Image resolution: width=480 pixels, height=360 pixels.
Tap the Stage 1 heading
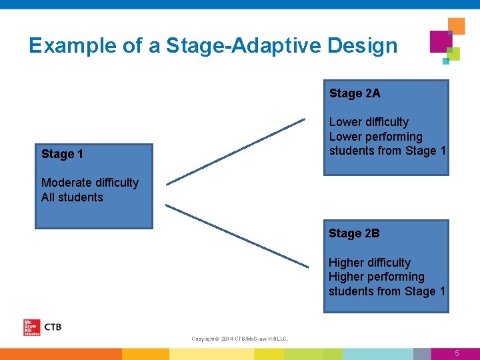coord(62,154)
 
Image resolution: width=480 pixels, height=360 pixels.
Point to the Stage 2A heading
coord(355,93)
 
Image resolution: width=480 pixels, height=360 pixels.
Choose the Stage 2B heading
coord(354,233)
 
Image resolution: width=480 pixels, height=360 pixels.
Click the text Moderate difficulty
coord(90,183)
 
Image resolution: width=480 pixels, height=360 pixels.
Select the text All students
coord(72,197)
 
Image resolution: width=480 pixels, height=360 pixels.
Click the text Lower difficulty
coord(369,122)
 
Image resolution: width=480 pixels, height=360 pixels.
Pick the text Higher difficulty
coord(369,263)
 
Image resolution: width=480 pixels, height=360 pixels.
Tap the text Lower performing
coord(376,137)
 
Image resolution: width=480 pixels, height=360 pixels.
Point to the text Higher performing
coord(376,277)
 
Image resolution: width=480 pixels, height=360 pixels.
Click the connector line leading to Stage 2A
coord(235,151)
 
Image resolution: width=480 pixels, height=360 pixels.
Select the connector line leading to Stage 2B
coord(237,236)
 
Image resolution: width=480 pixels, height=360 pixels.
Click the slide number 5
coord(457,353)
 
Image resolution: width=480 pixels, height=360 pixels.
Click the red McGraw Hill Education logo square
coord(31,327)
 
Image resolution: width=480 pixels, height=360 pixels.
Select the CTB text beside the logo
coord(53,327)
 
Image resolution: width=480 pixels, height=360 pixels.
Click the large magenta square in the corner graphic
coord(441,41)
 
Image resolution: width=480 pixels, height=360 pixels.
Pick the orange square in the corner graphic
coord(457,26)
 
